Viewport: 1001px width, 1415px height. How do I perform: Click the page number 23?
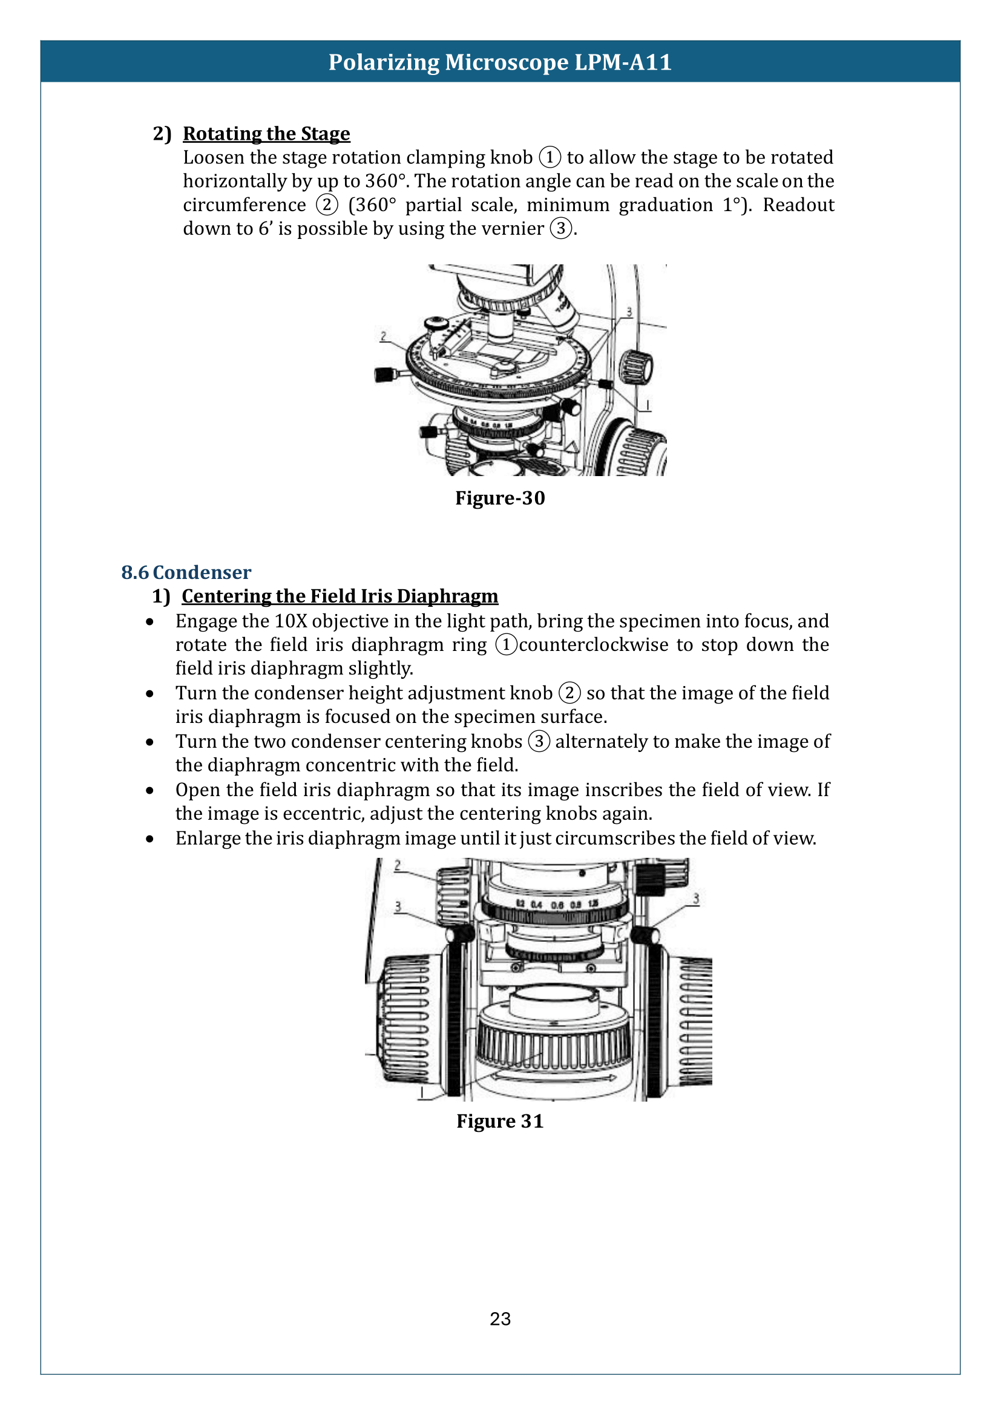pos(500,1319)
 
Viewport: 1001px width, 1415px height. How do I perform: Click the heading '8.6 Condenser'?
pos(186,572)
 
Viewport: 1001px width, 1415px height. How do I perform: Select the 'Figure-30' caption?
pos(500,498)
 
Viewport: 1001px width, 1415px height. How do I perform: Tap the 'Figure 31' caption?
pos(500,1121)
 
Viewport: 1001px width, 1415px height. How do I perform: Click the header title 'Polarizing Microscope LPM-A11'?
pos(500,62)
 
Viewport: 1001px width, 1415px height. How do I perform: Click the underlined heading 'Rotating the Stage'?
pos(266,134)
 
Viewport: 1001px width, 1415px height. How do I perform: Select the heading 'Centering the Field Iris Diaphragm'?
pos(340,596)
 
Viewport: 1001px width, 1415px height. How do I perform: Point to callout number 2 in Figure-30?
pos(383,336)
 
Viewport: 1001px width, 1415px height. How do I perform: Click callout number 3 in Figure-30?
pos(629,312)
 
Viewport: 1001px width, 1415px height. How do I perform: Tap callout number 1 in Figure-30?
pos(647,405)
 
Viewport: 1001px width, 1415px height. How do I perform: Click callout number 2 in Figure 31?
pos(398,865)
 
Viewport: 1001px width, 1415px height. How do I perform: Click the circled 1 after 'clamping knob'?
pos(550,157)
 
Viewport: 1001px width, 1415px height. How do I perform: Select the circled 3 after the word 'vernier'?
pos(560,229)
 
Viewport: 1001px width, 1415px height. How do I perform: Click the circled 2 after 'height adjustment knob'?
pos(569,693)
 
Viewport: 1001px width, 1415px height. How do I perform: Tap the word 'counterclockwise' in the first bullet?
pos(593,645)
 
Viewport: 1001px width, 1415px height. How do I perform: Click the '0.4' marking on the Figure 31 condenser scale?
pos(536,904)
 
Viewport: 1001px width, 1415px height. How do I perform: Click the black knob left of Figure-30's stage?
pos(386,374)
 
